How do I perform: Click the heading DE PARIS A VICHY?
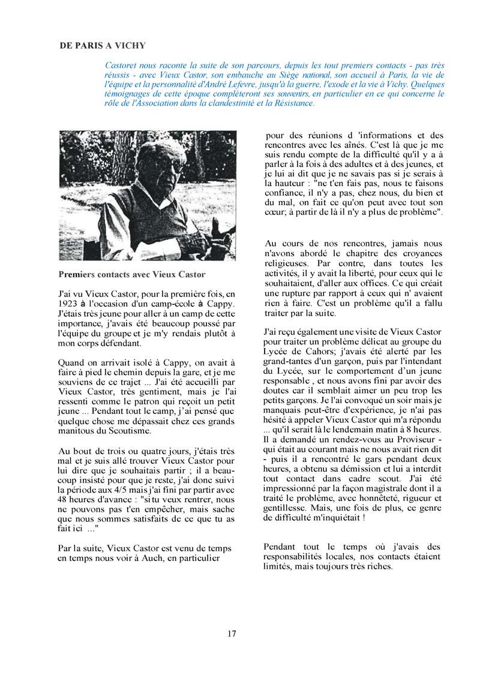pos(102,46)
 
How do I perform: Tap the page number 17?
pos(232,634)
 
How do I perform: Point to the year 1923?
pos(70,304)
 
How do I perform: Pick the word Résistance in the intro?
pos(293,103)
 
